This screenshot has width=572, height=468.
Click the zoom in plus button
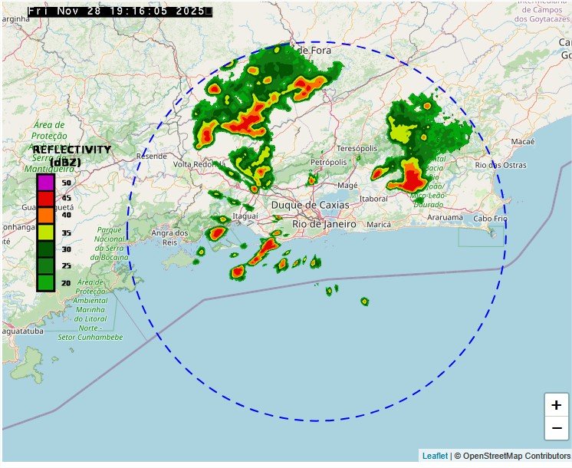556,405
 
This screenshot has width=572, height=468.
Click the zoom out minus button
556,428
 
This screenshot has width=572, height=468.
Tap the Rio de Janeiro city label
324,224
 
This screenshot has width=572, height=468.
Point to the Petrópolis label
329,163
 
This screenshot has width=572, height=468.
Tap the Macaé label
522,142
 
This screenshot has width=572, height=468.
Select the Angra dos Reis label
170,237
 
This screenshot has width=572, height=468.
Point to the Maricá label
379,225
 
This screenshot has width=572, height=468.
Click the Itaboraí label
373,199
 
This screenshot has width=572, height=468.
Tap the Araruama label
445,217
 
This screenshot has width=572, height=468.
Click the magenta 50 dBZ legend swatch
45,183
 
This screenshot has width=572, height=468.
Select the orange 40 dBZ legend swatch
45,216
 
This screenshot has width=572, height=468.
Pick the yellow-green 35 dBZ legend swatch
45,232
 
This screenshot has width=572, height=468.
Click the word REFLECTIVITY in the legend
72,150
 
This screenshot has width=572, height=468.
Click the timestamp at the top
120,12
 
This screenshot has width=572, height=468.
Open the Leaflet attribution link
435,456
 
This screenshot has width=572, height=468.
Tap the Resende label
151,156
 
